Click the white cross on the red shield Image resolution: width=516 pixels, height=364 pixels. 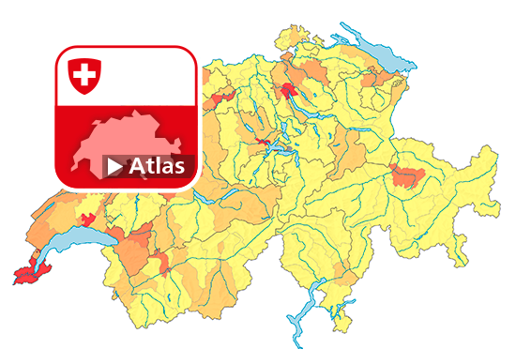[x=84, y=74]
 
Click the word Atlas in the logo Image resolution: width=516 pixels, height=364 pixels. [x=159, y=167]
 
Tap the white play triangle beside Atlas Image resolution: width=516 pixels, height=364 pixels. [x=114, y=167]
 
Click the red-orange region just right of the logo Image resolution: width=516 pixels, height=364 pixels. [x=223, y=97]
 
